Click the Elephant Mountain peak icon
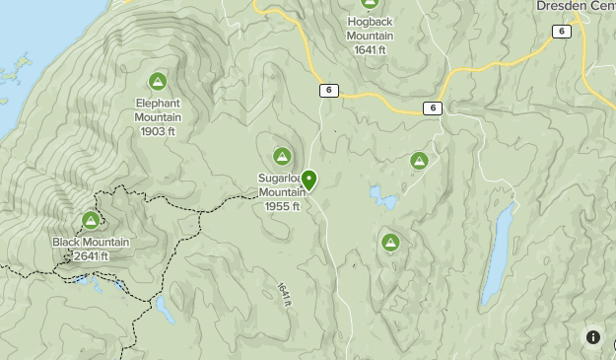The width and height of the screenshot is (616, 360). (157, 81)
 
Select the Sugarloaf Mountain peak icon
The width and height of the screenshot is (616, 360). (282, 156)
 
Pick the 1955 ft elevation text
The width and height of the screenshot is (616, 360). (282, 206)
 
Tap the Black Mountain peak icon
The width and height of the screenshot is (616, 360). (91, 221)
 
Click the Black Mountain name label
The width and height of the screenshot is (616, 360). (92, 243)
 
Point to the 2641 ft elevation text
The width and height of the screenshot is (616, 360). (90, 256)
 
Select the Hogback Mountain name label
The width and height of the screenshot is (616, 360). (370, 30)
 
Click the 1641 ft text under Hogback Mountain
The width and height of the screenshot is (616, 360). (370, 50)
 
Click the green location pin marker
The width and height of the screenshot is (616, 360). (309, 180)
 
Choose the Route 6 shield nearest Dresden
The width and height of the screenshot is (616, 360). (561, 32)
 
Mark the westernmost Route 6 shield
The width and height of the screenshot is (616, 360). (329, 91)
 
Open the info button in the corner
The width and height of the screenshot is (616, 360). (593, 337)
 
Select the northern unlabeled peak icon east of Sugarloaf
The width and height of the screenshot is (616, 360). (419, 161)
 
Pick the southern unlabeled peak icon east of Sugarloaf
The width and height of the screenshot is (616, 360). (390, 242)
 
